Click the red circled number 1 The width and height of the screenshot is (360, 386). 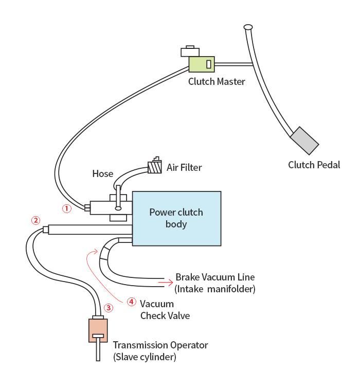point(67,208)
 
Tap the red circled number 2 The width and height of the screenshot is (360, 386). point(35,220)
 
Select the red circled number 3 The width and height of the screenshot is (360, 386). point(109,308)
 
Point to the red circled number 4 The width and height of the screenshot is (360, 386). point(132,302)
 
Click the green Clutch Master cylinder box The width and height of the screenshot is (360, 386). point(202,64)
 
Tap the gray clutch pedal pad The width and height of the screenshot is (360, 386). point(304,141)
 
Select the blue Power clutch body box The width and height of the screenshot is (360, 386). point(177,219)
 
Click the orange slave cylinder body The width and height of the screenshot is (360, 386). point(98,330)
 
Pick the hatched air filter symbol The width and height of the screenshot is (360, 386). point(155,167)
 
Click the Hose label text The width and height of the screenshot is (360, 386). point(103,174)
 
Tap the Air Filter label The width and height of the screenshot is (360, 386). point(184,168)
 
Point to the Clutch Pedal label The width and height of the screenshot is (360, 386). point(314,165)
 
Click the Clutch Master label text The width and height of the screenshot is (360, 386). point(217,81)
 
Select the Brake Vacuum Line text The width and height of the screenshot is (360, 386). point(215,277)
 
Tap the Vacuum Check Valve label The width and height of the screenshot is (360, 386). point(165,310)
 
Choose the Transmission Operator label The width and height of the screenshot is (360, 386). point(160,345)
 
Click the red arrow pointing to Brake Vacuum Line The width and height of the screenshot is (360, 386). point(166,283)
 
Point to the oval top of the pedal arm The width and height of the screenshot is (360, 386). point(248,27)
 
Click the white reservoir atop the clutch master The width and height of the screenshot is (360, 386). point(190,51)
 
